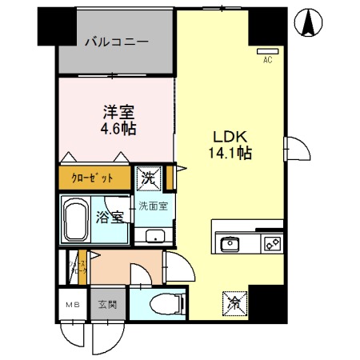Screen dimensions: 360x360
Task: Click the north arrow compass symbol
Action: coord(307,23)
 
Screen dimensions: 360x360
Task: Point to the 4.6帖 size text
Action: coord(117,127)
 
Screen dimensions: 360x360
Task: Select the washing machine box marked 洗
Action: coord(150,177)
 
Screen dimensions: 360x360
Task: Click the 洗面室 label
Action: coord(151,206)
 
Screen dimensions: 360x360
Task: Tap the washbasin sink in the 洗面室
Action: coord(153,236)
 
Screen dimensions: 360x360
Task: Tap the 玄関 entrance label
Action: coord(107,304)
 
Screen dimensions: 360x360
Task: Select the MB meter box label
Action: coord(73,304)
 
